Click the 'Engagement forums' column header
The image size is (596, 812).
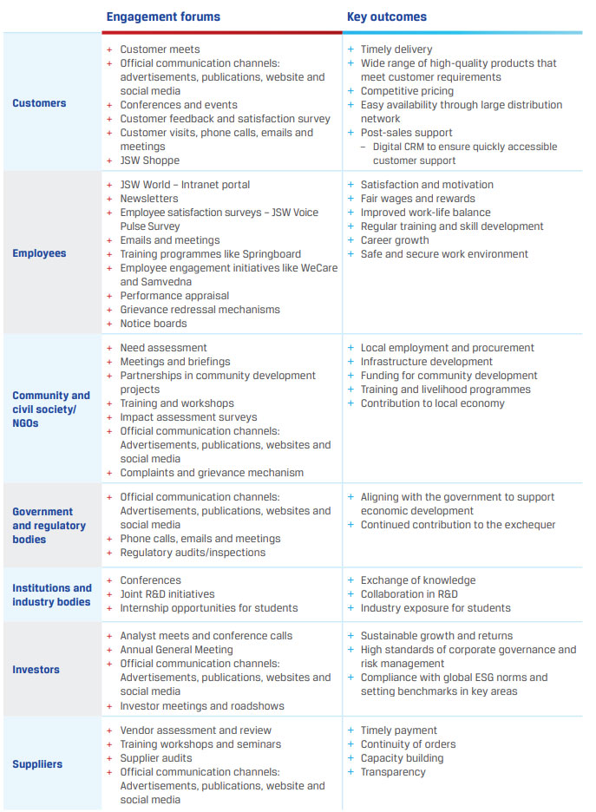pos(163,16)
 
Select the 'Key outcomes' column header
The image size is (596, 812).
pos(387,16)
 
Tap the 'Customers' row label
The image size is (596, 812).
pos(39,103)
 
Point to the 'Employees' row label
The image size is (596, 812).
pos(39,253)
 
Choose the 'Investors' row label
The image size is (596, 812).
pos(36,670)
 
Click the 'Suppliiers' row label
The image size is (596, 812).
pos(38,764)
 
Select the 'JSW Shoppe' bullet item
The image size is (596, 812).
pos(150,160)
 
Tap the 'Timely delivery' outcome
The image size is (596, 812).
pos(396,49)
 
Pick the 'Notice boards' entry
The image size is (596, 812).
pos(154,324)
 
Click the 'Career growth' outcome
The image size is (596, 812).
pos(395,240)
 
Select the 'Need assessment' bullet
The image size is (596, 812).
pos(163,348)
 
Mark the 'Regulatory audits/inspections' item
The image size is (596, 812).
pos(193,553)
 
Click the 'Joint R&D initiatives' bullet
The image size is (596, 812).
pos(167,594)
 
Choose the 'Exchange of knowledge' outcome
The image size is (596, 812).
pos(418,580)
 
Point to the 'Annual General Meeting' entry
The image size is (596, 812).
pos(176,650)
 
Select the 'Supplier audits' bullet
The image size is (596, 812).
pos(156,758)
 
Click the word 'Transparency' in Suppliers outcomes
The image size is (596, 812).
pos(393,772)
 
